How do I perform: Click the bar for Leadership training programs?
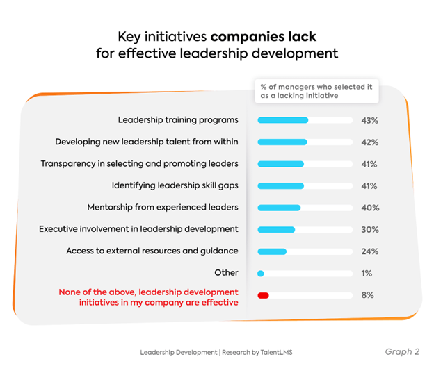282,120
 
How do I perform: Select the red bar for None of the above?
263,295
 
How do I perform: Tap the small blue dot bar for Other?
261,274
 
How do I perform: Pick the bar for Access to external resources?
272,251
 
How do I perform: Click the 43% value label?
369,121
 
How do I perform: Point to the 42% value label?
369,142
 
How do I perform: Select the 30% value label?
369,230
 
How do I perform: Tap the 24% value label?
369,251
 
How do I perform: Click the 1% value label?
367,274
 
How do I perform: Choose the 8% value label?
367,295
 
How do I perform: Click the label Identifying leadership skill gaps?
175,185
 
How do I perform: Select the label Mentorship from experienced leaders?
163,207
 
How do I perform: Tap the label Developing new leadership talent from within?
147,142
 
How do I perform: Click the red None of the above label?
148,297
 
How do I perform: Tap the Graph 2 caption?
402,351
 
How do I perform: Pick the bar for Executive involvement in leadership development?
276,230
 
